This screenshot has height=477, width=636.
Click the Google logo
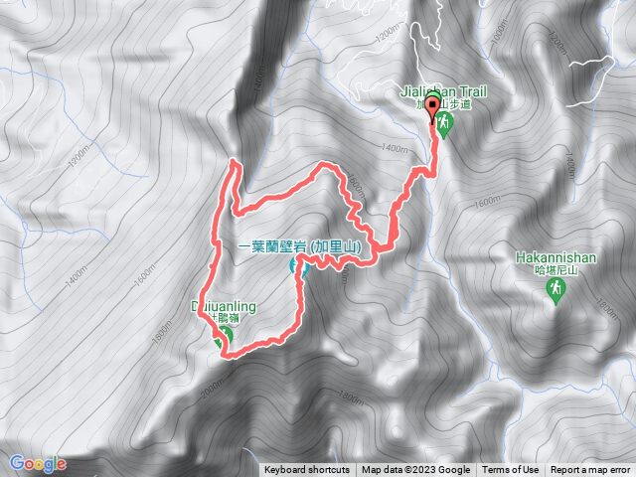pyautogui.click(x=38, y=463)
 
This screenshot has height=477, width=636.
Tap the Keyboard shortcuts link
pyautogui.click(x=307, y=470)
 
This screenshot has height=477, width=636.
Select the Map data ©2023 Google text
pyautogui.click(x=416, y=470)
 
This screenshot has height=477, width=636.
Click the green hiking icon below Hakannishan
pyautogui.click(x=556, y=288)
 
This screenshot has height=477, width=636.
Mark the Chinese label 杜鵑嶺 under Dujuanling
pyautogui.click(x=231, y=320)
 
